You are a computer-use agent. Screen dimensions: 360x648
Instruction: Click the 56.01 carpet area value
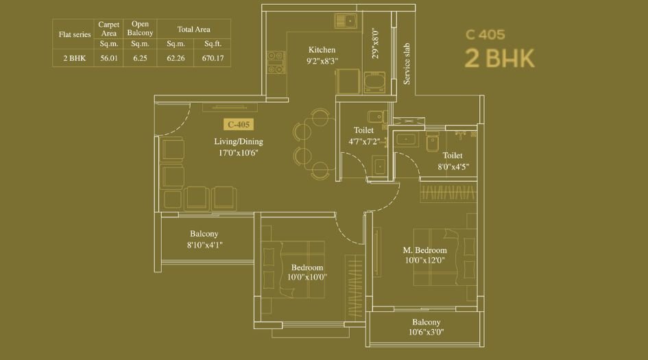click(x=109, y=58)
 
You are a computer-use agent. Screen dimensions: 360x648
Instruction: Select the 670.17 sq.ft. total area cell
click(x=213, y=58)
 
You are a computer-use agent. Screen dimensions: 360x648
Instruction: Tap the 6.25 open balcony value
click(x=140, y=58)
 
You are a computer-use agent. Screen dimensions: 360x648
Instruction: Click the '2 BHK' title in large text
click(x=499, y=59)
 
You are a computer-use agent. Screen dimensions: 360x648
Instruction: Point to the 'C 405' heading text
click(x=489, y=34)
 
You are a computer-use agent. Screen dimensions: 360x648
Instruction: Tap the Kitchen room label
click(x=322, y=50)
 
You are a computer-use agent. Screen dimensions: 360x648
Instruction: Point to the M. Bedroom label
click(x=424, y=250)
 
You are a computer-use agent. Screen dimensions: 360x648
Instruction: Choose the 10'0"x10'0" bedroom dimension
click(x=307, y=277)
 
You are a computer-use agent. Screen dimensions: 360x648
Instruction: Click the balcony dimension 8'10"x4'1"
click(x=204, y=243)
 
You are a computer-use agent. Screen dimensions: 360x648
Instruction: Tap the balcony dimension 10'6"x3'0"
click(x=426, y=333)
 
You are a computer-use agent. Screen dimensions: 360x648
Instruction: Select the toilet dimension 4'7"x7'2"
click(x=363, y=141)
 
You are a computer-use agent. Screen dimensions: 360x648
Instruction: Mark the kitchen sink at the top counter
click(x=347, y=21)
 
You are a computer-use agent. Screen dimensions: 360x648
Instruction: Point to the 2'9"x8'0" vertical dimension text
click(x=375, y=43)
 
